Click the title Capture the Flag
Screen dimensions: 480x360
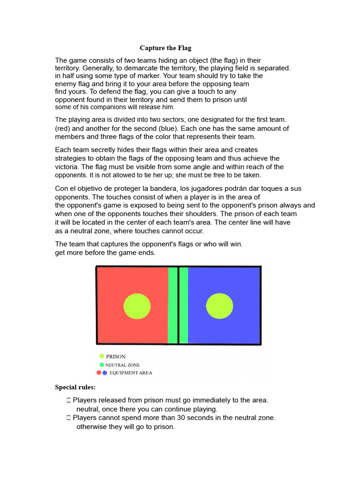coord(165,48)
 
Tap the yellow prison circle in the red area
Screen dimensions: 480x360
coord(137,307)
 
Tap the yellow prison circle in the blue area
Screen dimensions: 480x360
coord(219,307)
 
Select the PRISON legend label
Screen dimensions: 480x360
coord(116,357)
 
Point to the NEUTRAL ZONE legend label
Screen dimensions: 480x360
coord(122,365)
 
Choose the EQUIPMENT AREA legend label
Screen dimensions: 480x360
coord(130,373)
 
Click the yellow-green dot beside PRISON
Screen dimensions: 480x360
coord(102,356)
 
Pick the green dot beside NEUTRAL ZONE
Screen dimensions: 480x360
coord(102,365)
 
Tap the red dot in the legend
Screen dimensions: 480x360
coord(99,373)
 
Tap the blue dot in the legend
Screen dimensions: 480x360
coord(105,373)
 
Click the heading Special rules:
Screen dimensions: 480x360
coord(75,387)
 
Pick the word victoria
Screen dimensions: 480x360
coord(67,167)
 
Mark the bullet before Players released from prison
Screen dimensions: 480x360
coord(68,400)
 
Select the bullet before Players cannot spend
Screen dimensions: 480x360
coord(68,417)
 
